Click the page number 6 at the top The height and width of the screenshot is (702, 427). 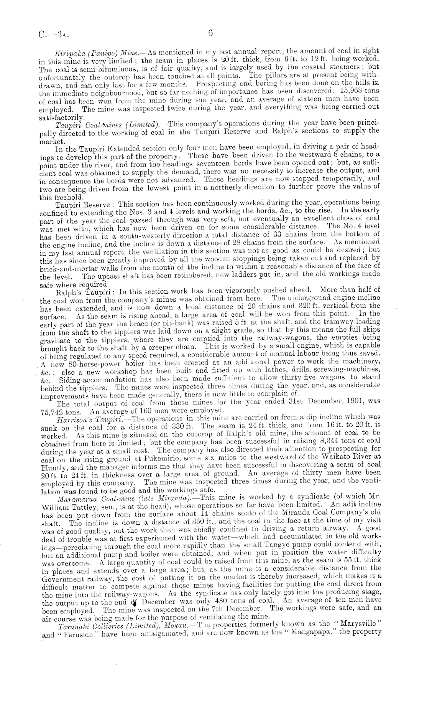pos(210,33)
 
